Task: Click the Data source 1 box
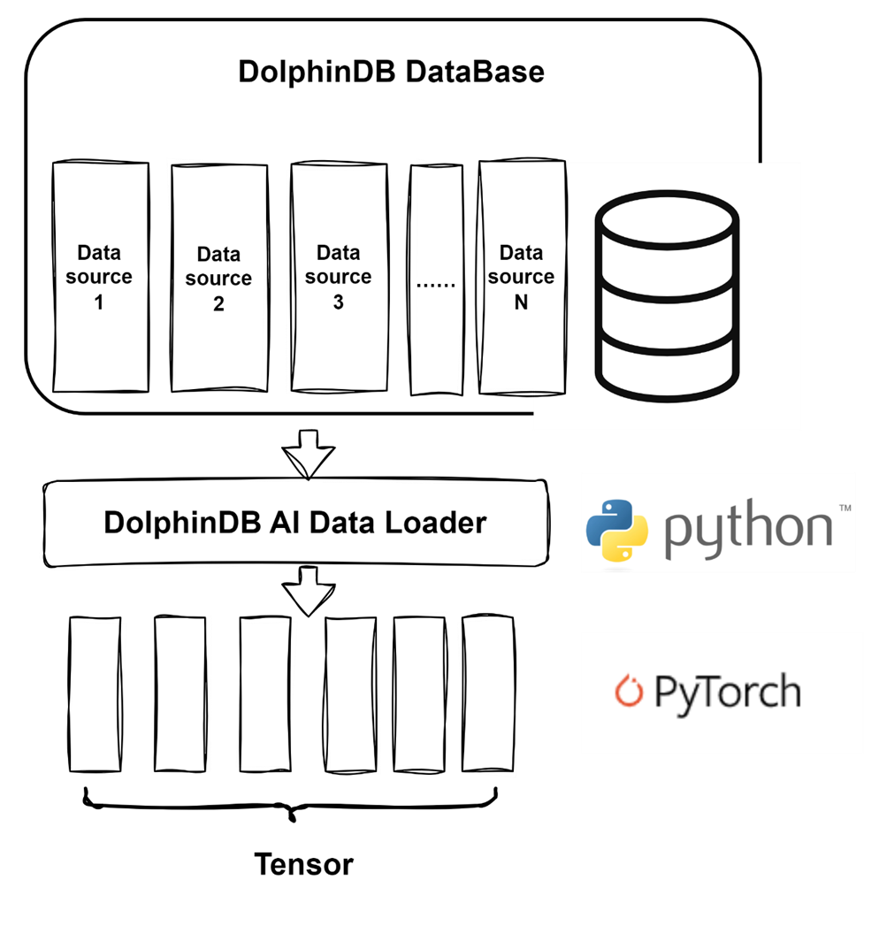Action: pos(101,278)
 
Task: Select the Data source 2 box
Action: pos(218,278)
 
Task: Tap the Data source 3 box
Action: pos(338,278)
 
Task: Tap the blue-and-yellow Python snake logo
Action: pos(617,530)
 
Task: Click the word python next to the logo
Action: pos(748,528)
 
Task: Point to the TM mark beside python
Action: pos(844,509)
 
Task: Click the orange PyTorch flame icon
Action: pos(629,692)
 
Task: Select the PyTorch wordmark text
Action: pos(727,693)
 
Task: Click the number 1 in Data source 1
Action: pos(99,302)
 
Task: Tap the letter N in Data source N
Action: pos(521,302)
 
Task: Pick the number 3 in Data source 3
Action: pos(338,302)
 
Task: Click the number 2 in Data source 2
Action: pos(218,304)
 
